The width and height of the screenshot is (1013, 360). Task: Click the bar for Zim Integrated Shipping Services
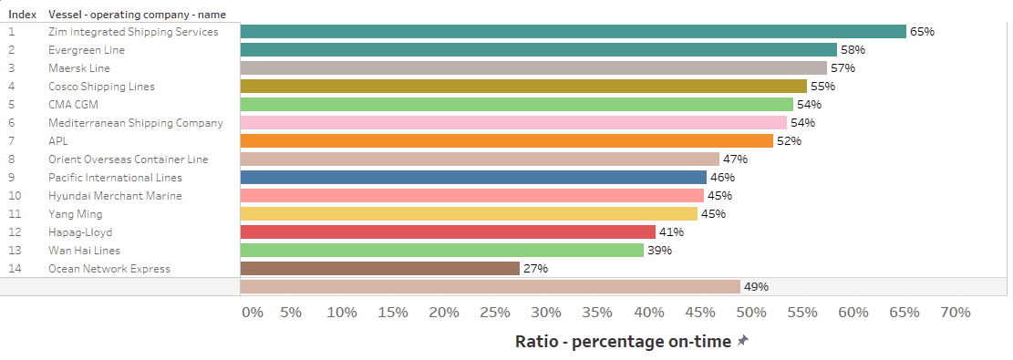pyautogui.click(x=573, y=32)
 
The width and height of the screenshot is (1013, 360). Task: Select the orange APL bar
pyautogui.click(x=507, y=141)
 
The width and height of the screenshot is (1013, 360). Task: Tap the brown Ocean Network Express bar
pyautogui.click(x=380, y=268)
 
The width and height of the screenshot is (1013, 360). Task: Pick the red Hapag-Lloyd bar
pyautogui.click(x=448, y=232)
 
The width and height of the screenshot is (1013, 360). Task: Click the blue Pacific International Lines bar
pyautogui.click(x=473, y=177)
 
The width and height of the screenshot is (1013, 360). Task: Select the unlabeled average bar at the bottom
pyautogui.click(x=491, y=286)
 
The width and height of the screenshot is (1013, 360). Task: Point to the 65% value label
pyautogui.click(x=922, y=32)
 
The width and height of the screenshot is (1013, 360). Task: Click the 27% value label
pyautogui.click(x=535, y=268)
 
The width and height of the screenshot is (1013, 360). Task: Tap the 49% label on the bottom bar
pyautogui.click(x=756, y=286)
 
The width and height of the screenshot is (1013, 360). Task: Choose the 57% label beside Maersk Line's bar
pyautogui.click(x=842, y=67)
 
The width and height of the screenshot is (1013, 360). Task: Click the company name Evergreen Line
pyautogui.click(x=87, y=50)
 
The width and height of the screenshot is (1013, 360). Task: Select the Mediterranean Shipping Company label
pyautogui.click(x=136, y=123)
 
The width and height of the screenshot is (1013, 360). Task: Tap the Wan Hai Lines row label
pyautogui.click(x=85, y=250)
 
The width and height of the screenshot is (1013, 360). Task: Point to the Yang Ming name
pyautogui.click(x=76, y=214)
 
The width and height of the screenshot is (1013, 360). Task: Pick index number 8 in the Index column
pyautogui.click(x=12, y=159)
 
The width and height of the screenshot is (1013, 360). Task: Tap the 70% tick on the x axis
pyautogui.click(x=956, y=313)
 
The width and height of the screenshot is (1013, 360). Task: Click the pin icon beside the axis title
pyautogui.click(x=743, y=341)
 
